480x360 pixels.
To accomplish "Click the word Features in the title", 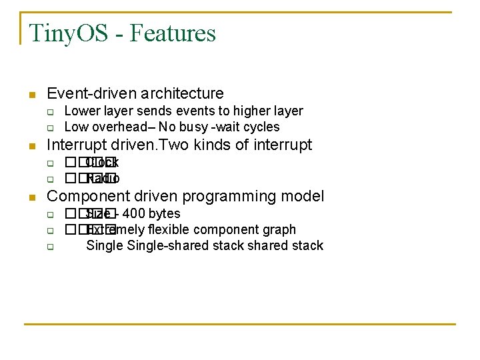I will (173, 33).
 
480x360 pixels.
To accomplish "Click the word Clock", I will (102, 162).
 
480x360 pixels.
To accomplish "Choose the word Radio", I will (103, 178).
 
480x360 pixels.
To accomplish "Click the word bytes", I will (164, 213).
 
